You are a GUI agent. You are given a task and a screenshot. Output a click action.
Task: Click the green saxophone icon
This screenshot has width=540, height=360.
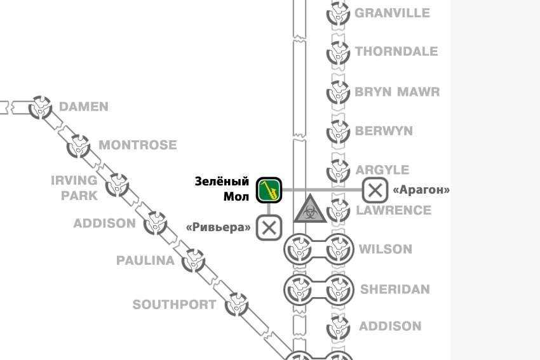pyautogui.click(x=269, y=190)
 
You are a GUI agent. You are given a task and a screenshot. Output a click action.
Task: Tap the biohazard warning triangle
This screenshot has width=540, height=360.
pyautogui.click(x=311, y=210)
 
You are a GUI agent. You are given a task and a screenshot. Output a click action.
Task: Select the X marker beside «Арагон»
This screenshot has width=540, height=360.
pyautogui.click(x=375, y=189)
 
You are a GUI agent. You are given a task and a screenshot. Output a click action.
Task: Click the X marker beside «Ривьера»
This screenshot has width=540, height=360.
pyautogui.click(x=269, y=227)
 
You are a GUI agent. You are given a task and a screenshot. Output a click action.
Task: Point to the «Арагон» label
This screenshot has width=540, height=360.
pyautogui.click(x=421, y=190)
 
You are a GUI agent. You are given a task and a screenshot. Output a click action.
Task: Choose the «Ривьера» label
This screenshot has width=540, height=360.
pyautogui.click(x=218, y=227)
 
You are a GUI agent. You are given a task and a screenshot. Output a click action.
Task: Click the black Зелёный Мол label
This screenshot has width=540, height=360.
pyautogui.click(x=222, y=189)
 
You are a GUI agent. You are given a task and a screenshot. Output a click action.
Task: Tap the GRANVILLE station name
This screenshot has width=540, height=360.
pyautogui.click(x=392, y=13)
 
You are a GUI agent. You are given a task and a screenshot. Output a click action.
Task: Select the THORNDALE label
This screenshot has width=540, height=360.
pyautogui.click(x=396, y=51)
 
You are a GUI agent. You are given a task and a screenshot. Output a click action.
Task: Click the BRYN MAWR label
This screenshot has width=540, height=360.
pyautogui.click(x=397, y=91)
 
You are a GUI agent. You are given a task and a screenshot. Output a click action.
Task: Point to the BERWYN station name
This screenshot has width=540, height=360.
pyautogui.click(x=384, y=131)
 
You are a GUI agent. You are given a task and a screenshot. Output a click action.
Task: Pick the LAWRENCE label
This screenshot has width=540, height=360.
pyautogui.click(x=393, y=210)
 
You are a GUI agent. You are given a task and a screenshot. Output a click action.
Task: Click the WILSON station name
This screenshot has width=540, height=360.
pyautogui.click(x=386, y=249)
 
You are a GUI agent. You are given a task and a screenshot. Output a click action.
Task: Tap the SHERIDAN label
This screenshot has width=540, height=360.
pyautogui.click(x=395, y=290)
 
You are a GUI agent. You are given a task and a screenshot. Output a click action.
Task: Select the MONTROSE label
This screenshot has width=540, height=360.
pyautogui.click(x=138, y=145)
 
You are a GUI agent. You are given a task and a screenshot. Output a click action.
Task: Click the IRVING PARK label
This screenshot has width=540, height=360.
pyautogui.click(x=75, y=187)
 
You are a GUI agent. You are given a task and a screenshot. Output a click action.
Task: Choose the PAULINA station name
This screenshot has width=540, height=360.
pyautogui.click(x=145, y=260)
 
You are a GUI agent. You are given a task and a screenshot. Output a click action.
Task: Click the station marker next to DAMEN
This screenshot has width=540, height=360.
pyautogui.click(x=41, y=107)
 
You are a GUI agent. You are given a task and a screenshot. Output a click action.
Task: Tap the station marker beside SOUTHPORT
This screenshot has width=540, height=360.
pyautogui.click(x=236, y=304)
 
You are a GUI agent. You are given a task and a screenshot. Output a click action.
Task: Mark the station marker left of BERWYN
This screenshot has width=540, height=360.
pyautogui.click(x=339, y=131)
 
